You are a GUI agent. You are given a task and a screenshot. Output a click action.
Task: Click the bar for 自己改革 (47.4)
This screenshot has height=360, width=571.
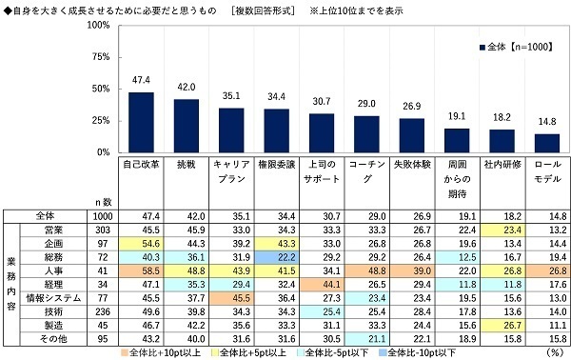pyautogui.click(x=141, y=122)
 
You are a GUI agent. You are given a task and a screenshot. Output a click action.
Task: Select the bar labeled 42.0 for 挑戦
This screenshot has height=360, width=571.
pyautogui.click(x=187, y=126)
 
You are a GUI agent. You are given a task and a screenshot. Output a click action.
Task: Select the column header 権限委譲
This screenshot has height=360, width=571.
pyautogui.click(x=275, y=166)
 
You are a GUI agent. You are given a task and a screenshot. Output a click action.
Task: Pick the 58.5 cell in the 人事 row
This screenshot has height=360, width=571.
pyautogui.click(x=142, y=271)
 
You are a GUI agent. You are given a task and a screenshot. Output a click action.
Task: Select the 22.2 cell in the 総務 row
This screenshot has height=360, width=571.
pyautogui.click(x=275, y=257)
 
